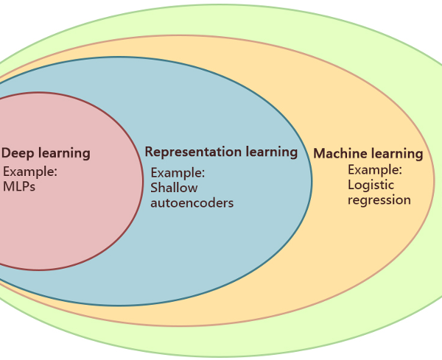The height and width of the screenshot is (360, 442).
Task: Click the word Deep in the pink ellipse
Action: [x=17, y=153]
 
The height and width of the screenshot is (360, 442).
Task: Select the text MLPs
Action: [x=19, y=186]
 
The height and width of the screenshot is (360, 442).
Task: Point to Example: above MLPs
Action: [x=30, y=172]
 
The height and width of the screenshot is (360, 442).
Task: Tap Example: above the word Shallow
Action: [x=178, y=173]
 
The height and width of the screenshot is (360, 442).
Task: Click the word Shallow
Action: [x=174, y=188]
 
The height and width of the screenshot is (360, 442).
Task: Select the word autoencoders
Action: [x=192, y=202]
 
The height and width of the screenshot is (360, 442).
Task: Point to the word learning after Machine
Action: [x=396, y=154]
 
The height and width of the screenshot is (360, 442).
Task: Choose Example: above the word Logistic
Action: [x=375, y=170]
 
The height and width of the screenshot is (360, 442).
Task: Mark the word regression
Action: [x=379, y=200]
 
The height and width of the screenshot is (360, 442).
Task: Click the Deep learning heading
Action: [x=46, y=154]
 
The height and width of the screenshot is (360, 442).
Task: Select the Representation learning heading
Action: [x=221, y=152]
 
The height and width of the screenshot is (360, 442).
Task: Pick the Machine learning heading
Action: [x=368, y=154]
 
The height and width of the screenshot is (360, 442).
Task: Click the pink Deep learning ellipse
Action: [x=66, y=228]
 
